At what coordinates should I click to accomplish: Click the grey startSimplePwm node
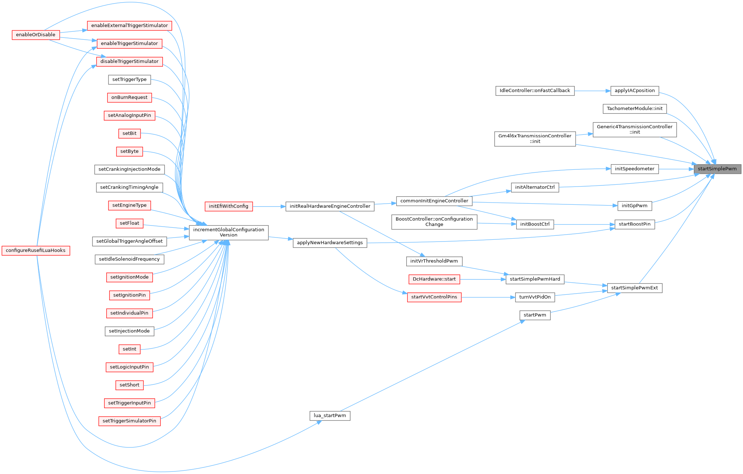point(717,169)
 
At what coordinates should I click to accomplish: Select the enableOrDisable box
point(36,35)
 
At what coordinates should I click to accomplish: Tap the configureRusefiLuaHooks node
point(36,250)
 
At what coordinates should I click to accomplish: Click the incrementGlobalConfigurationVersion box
point(229,232)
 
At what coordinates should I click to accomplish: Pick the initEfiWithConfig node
point(229,206)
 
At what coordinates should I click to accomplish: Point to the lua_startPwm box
point(330,415)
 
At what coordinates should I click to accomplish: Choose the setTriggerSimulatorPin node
point(129,421)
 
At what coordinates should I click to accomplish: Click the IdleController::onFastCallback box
point(535,90)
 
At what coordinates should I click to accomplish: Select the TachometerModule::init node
point(635,109)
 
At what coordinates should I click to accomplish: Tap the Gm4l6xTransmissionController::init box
point(535,138)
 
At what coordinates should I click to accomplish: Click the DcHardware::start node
point(434,279)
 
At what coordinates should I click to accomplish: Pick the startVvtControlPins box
point(434,297)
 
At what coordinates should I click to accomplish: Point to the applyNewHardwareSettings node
point(330,243)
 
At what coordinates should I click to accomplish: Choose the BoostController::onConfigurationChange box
point(434,222)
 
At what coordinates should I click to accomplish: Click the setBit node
point(129,133)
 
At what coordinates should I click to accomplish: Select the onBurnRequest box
point(129,97)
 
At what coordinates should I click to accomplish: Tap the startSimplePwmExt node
point(635,288)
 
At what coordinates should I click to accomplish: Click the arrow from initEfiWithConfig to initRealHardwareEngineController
point(269,207)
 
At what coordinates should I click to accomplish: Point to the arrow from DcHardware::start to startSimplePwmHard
point(483,279)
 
